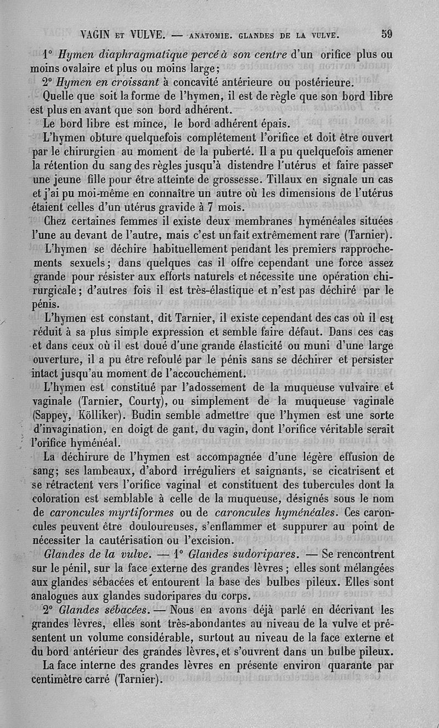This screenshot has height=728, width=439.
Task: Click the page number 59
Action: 386,34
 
